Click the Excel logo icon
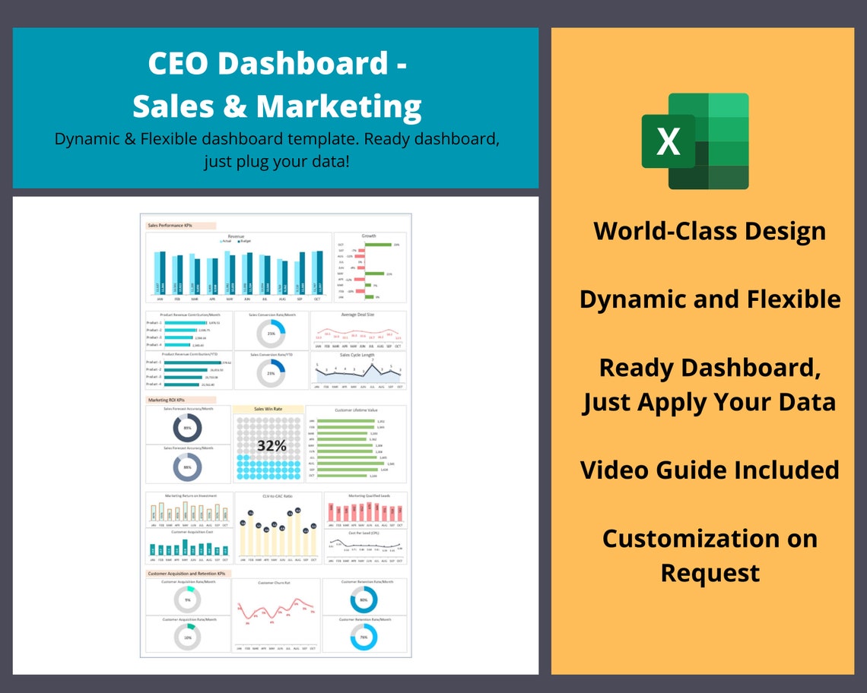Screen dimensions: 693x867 pyautogui.click(x=694, y=141)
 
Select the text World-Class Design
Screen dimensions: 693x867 pyautogui.click(x=710, y=230)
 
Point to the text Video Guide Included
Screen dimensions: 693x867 pyautogui.click(x=710, y=470)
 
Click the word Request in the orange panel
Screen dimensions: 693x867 pyautogui.click(x=710, y=572)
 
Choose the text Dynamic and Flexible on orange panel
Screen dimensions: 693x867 pyautogui.click(x=710, y=299)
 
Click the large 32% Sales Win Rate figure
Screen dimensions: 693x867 pyautogui.click(x=271, y=446)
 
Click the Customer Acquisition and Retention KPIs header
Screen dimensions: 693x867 pyautogui.click(x=187, y=574)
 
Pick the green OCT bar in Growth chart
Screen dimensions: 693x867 pyautogui.click(x=378, y=245)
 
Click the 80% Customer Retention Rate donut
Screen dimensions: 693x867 pyautogui.click(x=364, y=600)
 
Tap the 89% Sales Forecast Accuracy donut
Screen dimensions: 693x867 pyautogui.click(x=187, y=429)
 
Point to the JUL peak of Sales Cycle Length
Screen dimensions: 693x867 pyautogui.click(x=373, y=362)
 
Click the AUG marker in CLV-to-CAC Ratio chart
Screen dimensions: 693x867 pyautogui.click(x=290, y=514)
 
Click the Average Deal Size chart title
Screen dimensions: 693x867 pyautogui.click(x=358, y=315)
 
